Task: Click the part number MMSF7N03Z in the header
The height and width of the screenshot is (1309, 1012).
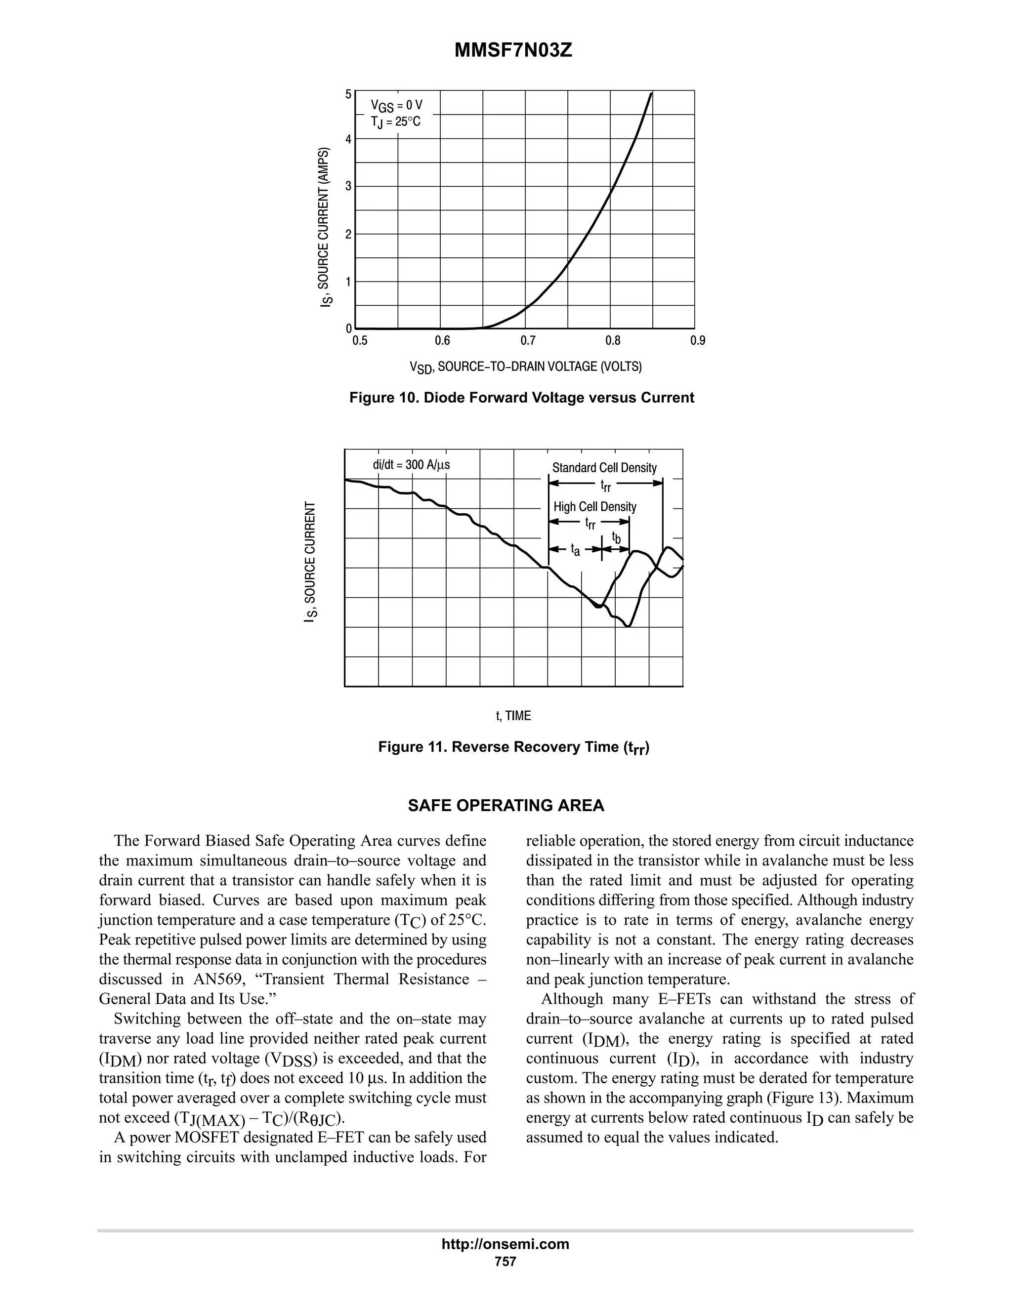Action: pyautogui.click(x=513, y=50)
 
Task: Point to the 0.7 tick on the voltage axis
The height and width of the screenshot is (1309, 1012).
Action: pyautogui.click(x=528, y=341)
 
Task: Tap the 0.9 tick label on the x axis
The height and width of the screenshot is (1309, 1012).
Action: pyautogui.click(x=698, y=341)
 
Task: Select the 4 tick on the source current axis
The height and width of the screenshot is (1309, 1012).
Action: pyautogui.click(x=348, y=138)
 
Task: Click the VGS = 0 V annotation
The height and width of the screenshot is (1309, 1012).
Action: pyautogui.click(x=396, y=107)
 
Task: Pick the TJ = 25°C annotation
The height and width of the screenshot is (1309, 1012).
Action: pyautogui.click(x=395, y=123)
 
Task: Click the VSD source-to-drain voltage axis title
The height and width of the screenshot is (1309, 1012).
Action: pyautogui.click(x=525, y=367)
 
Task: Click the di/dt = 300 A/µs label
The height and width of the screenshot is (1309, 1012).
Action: pyautogui.click(x=411, y=464)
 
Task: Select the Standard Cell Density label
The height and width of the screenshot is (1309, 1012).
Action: pyautogui.click(x=604, y=467)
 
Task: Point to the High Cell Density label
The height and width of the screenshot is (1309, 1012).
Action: pyautogui.click(x=594, y=506)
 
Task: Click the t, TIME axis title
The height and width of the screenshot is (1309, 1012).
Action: pyautogui.click(x=513, y=716)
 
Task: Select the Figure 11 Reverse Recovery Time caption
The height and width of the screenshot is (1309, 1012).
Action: pyautogui.click(x=514, y=747)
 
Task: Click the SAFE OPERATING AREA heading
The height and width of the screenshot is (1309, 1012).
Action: pyautogui.click(x=506, y=806)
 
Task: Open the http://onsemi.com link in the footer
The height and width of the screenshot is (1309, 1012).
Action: pyautogui.click(x=506, y=1244)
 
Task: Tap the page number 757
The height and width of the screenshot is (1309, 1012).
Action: pyautogui.click(x=506, y=1261)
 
